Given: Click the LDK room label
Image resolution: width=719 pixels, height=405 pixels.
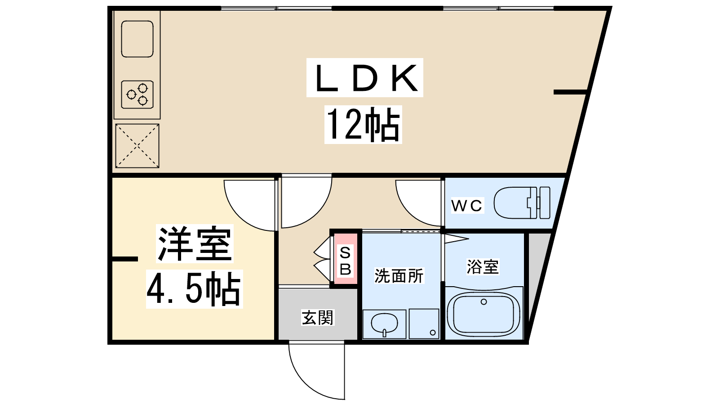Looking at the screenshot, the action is [366, 78].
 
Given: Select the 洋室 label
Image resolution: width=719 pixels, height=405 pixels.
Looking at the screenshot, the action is [195, 244].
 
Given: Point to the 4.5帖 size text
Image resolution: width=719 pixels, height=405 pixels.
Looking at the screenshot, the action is [194, 289].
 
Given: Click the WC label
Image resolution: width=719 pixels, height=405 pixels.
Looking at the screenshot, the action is [466, 206].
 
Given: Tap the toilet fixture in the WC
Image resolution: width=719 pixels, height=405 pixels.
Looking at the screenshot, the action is [522, 203].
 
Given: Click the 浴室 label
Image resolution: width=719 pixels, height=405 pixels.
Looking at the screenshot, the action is [483, 267].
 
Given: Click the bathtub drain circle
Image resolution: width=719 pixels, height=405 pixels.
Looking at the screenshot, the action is [484, 302].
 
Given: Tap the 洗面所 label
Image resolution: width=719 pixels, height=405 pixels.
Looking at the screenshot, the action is [399, 276].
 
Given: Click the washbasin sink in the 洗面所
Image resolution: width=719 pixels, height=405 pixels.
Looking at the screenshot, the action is [384, 324].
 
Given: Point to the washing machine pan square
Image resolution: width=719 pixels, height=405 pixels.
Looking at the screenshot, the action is [424, 324].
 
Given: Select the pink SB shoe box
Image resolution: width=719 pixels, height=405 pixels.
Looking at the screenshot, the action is [346, 259].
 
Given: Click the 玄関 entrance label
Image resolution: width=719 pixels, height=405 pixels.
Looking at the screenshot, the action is [318, 317].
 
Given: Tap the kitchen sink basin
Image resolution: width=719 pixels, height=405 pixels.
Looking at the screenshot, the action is [138, 39].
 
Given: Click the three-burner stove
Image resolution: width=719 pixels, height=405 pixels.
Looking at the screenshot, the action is [138, 94].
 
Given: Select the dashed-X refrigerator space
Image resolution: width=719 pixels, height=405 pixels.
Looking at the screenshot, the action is [138, 146].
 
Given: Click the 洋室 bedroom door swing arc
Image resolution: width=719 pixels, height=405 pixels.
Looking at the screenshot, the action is [250, 205].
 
